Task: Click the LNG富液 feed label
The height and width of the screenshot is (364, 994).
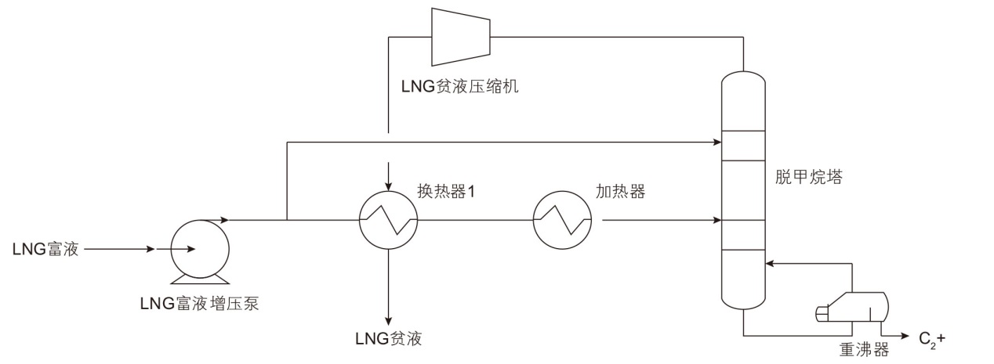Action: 45,250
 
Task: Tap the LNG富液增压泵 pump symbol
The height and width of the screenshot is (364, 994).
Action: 199,250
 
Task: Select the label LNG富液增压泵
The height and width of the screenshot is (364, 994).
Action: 199,303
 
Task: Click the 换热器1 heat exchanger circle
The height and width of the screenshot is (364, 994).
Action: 388,220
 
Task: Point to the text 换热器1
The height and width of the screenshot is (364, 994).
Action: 446,191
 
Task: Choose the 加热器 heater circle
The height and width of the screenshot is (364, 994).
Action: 562,220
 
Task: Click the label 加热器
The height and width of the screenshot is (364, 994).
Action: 620,191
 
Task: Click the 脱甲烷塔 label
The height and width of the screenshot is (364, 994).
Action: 804,178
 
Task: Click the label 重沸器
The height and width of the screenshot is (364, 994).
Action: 864,350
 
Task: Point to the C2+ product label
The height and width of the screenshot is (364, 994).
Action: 933,339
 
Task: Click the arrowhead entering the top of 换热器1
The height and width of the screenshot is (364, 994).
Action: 388,186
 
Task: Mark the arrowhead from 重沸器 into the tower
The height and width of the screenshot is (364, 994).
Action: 769,264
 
